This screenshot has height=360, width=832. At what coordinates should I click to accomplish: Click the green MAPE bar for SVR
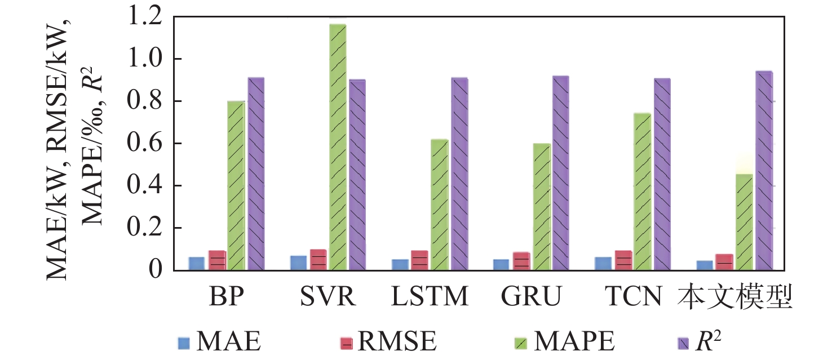click(x=338, y=148)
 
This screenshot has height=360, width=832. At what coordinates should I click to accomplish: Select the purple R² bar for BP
click(x=256, y=174)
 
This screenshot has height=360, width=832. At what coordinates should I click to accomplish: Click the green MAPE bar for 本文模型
click(x=745, y=222)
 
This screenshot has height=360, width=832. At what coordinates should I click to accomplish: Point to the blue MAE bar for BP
click(x=196, y=264)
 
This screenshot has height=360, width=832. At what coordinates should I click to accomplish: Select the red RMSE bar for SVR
click(x=318, y=260)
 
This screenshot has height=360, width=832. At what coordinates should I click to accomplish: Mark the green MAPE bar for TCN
click(x=642, y=192)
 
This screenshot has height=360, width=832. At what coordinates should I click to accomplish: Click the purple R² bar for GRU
click(x=560, y=173)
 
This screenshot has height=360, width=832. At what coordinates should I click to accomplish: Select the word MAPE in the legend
click(x=574, y=343)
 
